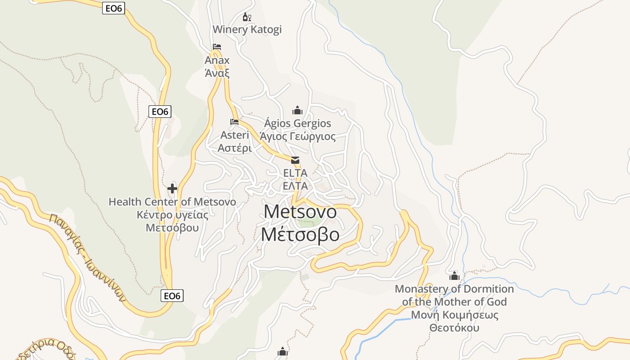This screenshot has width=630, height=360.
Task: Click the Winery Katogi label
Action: pos(247,30)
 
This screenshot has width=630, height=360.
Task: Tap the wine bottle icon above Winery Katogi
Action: pos(247,17)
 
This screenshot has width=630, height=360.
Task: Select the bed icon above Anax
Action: pos(217,47)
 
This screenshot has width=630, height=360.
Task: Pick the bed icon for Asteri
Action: pos(234,122)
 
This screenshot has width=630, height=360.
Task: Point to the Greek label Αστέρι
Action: pos(234,148)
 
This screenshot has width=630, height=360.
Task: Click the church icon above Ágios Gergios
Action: pos(297,110)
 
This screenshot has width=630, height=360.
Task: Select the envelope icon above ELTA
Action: pos(295,160)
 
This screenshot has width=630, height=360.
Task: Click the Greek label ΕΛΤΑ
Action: pos(295,186)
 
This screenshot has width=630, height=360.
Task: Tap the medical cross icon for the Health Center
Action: pos(172,189)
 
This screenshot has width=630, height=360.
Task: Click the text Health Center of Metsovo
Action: pos(172,202)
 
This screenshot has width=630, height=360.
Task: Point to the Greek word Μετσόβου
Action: pos(172,227)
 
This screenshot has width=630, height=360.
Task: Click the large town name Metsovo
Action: pos(300,211)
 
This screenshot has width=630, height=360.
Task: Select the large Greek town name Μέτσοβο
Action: pos(300,234)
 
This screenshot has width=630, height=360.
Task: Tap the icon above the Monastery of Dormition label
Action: pos(454,275)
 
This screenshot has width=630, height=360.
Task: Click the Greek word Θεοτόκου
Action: pos(454,328)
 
